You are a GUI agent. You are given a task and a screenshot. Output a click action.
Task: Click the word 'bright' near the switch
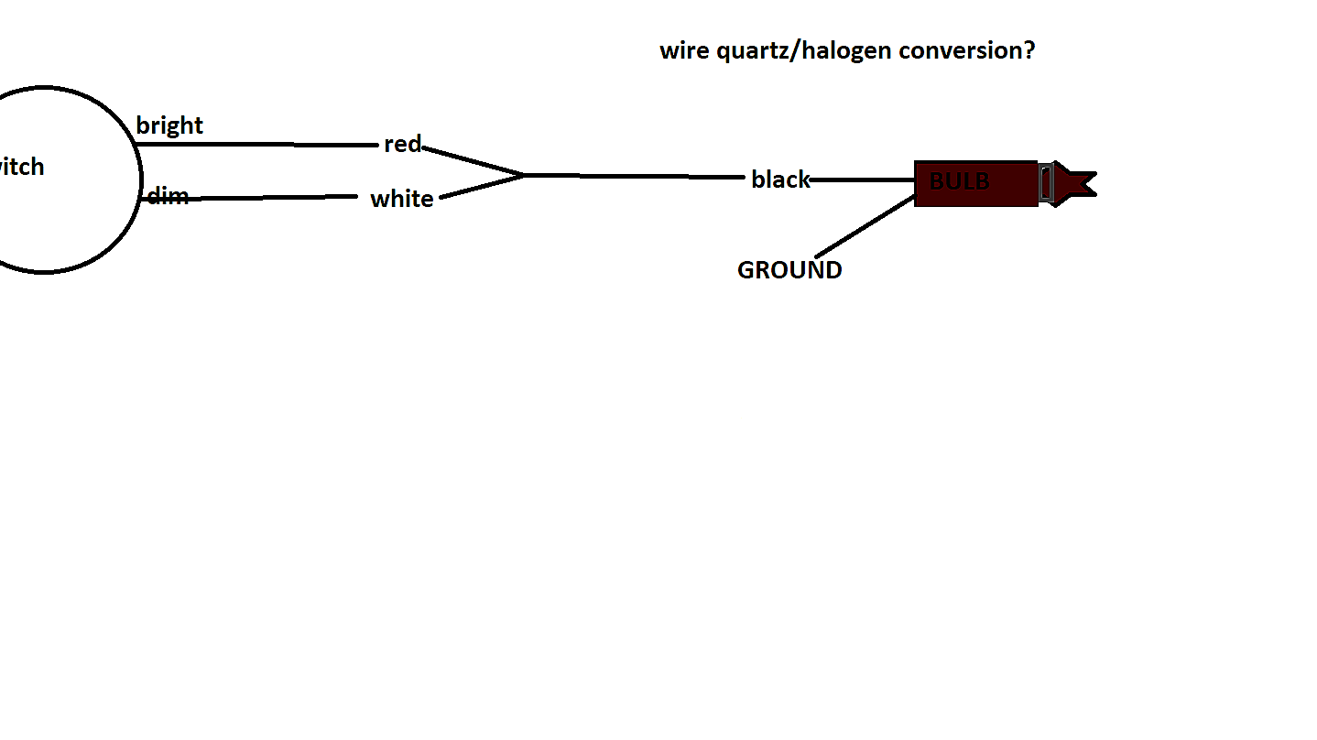(x=169, y=125)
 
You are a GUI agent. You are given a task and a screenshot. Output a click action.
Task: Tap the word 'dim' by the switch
(x=168, y=195)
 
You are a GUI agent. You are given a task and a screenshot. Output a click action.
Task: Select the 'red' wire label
(x=402, y=144)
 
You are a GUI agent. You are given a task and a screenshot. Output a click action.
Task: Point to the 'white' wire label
(x=401, y=199)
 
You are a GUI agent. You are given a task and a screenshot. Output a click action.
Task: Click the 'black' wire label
(x=780, y=180)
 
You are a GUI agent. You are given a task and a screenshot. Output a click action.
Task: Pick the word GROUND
(x=789, y=270)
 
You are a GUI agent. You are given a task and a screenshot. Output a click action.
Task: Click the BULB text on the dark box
(x=959, y=181)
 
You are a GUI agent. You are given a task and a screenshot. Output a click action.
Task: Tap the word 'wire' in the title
(x=684, y=50)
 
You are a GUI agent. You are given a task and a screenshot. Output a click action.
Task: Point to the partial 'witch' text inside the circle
(x=20, y=167)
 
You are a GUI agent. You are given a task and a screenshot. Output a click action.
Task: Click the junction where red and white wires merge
(x=524, y=174)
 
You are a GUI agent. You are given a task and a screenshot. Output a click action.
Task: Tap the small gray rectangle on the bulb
(x=1046, y=183)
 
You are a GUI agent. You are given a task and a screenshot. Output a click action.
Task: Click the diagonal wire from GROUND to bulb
(x=865, y=226)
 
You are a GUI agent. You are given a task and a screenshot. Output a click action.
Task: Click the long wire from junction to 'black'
(x=632, y=175)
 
